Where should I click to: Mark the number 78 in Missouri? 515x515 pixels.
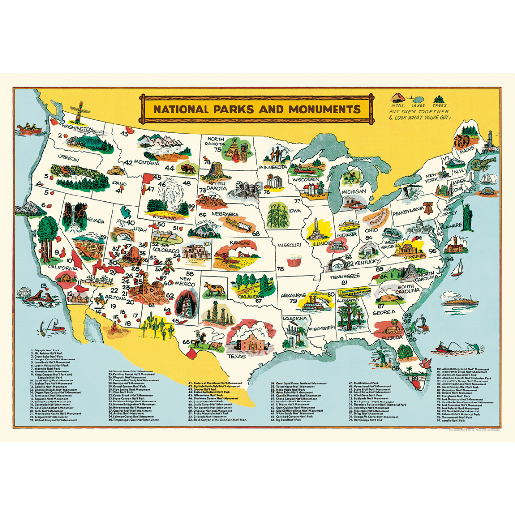coord(280,269)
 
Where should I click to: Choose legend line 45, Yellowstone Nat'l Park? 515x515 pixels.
coord(207,395)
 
